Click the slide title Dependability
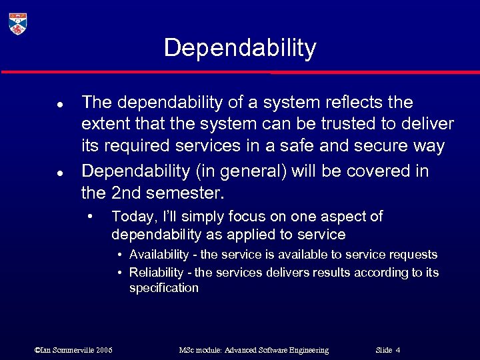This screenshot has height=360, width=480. pos(240,48)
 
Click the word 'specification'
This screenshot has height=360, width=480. pos(164,288)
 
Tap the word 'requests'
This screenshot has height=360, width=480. pos(414,255)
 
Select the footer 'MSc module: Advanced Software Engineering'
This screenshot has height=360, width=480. pos(253,350)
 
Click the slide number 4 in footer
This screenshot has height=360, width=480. pos(397,350)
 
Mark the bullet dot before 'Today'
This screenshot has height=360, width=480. pos(91,217)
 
